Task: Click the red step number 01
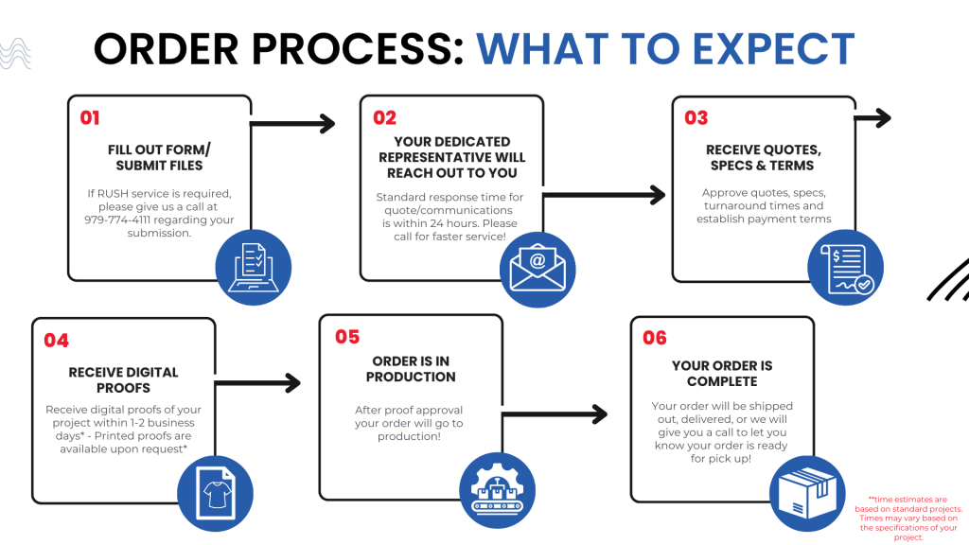pos(90,117)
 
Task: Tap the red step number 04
pos(56,341)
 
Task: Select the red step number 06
pos(655,338)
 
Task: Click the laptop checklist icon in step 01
pos(254,268)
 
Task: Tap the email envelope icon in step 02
pos(537,270)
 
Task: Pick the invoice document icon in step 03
pos(845,267)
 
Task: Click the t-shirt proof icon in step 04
pos(215,493)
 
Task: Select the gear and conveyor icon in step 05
pos(498,491)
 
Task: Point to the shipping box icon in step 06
pos(807,493)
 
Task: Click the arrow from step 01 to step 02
pos(292,124)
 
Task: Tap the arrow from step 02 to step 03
pos(604,195)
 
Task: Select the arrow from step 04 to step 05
pos(257,383)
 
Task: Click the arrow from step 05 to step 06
pos(555,414)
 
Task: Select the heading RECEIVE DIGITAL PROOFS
pos(124,380)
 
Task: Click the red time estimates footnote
pos(908,519)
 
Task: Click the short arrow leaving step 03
pos(872,117)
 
